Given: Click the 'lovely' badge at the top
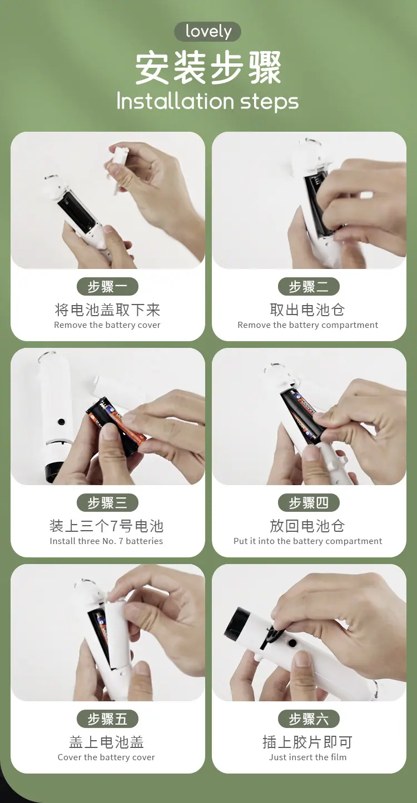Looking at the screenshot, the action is (x=207, y=32).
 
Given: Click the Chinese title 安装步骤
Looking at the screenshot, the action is (x=208, y=68).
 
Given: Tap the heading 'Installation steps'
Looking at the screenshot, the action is (x=207, y=102).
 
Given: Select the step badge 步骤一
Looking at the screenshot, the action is (x=107, y=286).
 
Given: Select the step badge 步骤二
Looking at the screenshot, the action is (x=309, y=286).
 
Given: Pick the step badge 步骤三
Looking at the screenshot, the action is (x=107, y=502).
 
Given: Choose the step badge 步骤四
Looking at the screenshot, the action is (x=309, y=502).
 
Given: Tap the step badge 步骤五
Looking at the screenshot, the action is (x=107, y=719).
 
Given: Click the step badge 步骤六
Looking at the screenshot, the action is (x=309, y=719).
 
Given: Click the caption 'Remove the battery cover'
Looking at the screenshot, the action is (x=107, y=325).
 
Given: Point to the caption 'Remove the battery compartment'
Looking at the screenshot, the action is (x=307, y=325).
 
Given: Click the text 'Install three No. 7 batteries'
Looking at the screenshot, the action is (x=106, y=541).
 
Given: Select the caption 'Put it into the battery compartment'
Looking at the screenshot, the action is (x=307, y=541).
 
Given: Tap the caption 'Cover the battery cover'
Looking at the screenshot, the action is (x=106, y=757).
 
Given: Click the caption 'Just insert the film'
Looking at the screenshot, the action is (x=307, y=757).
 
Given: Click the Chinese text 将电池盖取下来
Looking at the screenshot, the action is (x=107, y=310).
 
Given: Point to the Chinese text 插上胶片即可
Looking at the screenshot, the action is (x=307, y=742).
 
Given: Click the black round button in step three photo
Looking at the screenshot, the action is (x=61, y=422).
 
